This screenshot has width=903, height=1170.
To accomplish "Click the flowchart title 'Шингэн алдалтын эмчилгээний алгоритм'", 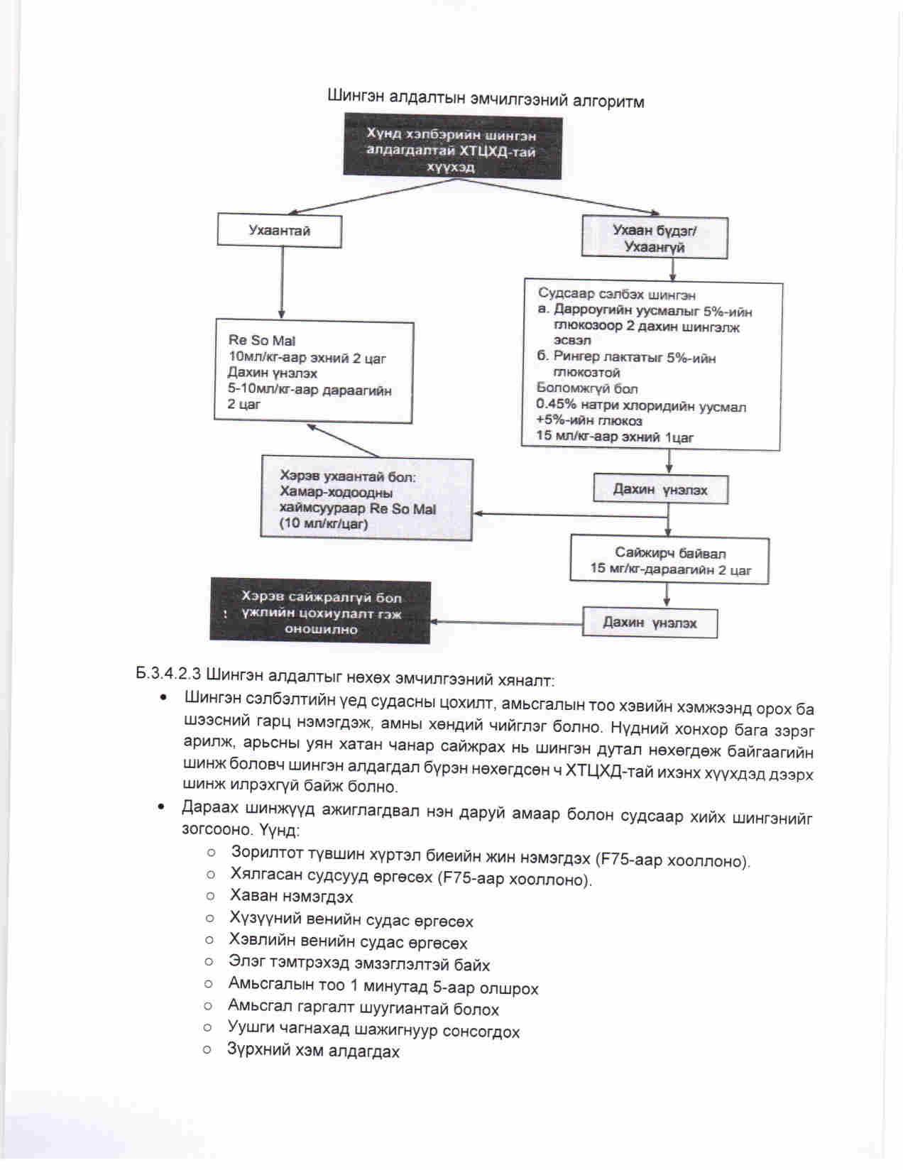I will [486, 99].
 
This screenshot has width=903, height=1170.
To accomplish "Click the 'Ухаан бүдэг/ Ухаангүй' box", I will [654, 238].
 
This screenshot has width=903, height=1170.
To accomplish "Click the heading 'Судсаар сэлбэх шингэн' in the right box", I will [616, 294].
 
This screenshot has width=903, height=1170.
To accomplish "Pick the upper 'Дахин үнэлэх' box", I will [660, 490].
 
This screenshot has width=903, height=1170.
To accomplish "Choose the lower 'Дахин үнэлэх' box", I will [650, 623].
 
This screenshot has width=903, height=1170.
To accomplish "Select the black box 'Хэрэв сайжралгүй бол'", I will [320, 612].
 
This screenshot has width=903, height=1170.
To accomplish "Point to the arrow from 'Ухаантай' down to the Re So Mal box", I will [282, 283].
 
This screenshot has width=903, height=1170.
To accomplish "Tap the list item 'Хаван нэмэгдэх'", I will [291, 897].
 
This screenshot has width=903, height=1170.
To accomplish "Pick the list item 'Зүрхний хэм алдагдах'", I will [313, 1051].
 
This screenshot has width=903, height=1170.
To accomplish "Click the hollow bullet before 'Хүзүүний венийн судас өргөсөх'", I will [209, 918].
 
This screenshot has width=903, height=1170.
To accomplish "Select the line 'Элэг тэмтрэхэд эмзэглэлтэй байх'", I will [359, 965].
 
